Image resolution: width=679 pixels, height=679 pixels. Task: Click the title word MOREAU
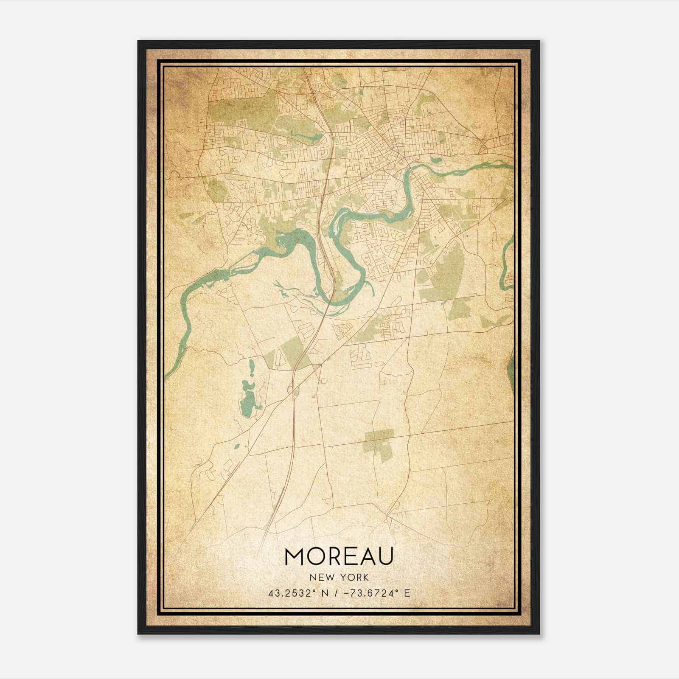(339, 556)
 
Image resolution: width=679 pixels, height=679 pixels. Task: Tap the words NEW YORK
(339, 577)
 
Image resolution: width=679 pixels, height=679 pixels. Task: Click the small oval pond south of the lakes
(236, 446)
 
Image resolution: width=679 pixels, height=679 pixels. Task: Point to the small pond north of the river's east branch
(435, 160)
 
